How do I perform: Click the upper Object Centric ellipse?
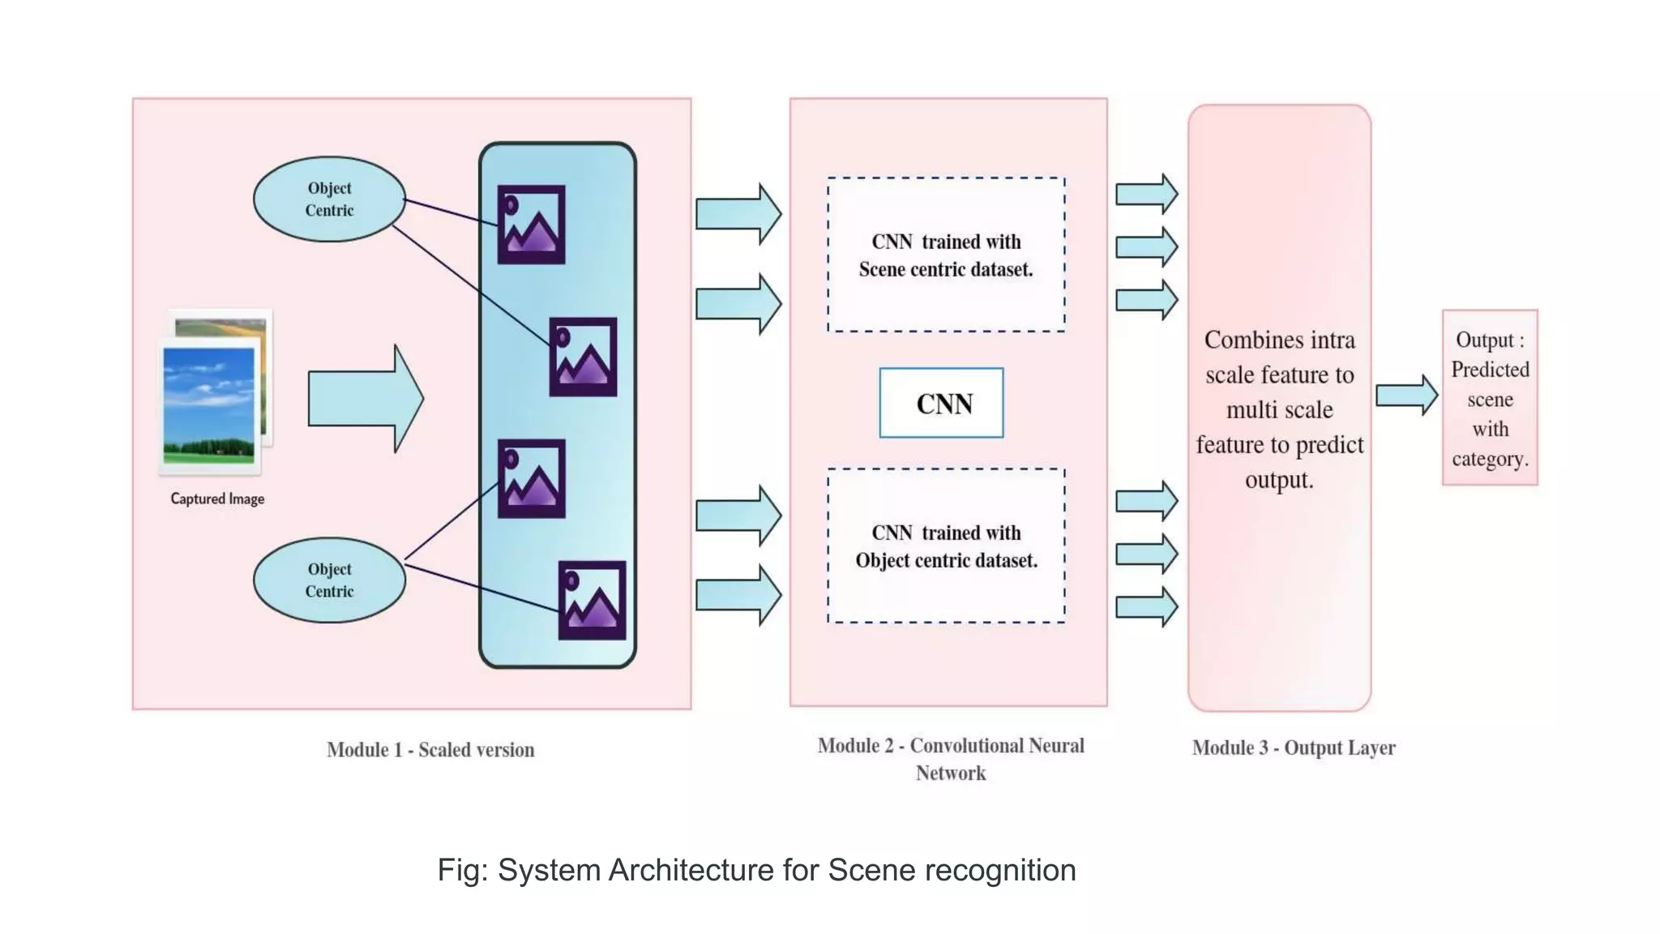[x=329, y=199]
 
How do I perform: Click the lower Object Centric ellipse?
[x=329, y=581]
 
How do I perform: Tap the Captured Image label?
[x=217, y=499]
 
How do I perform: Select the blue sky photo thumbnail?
[x=209, y=405]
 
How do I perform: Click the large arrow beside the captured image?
[x=365, y=398]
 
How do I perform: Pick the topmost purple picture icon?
[x=532, y=225]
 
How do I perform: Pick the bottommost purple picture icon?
[x=592, y=600]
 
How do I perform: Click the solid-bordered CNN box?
[x=942, y=403]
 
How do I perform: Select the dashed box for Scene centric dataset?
[x=946, y=255]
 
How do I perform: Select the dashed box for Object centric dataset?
[x=946, y=546]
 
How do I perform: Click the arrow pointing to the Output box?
[x=1406, y=396]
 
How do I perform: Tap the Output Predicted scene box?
[x=1490, y=398]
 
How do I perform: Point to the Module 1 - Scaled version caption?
[x=430, y=750]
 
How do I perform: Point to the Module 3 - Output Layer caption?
[x=1294, y=748]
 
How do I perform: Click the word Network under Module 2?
[x=951, y=773]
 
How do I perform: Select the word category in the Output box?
[x=1489, y=459]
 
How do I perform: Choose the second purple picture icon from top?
[x=583, y=357]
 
